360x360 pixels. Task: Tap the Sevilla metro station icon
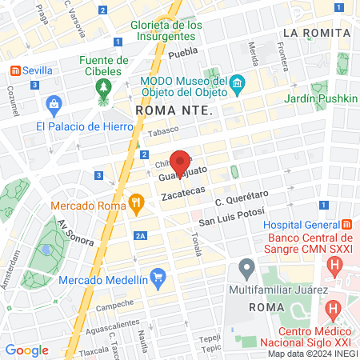[x=14, y=70]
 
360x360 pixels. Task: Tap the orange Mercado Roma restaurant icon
[x=137, y=204]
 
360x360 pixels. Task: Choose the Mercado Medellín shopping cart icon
[x=158, y=279]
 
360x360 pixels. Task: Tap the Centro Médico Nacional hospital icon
[x=334, y=307]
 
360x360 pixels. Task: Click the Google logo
[x=26, y=350]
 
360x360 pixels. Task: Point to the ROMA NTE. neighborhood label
[x=174, y=110]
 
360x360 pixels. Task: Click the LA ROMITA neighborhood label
[x=317, y=33]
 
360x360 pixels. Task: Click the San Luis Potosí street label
[x=231, y=216]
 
